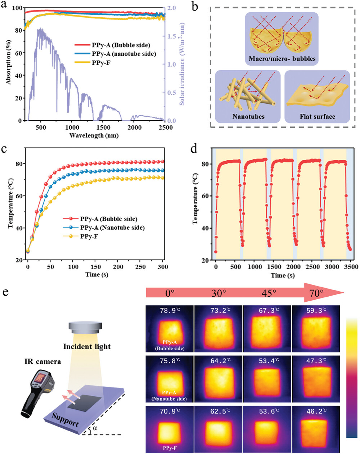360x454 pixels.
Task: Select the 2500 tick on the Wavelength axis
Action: point(165,127)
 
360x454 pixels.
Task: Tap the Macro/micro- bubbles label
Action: point(282,59)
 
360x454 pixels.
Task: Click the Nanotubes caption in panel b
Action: point(249,117)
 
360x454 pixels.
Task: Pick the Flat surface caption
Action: point(317,117)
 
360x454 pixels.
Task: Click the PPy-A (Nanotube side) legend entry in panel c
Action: point(112,228)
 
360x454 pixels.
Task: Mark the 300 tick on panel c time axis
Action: point(163,267)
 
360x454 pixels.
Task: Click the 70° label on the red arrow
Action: point(316,293)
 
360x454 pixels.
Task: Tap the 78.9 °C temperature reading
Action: point(170,310)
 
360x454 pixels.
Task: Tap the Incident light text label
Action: point(87,347)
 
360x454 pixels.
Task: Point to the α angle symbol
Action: point(95,429)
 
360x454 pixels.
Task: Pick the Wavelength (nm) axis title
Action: point(94,136)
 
